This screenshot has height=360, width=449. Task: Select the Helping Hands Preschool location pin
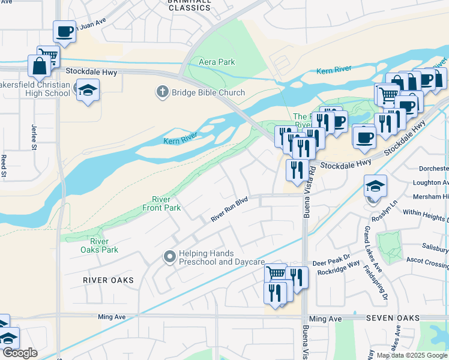click(170, 257)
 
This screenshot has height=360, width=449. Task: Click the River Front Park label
click(161, 203)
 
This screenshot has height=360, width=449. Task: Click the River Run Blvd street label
click(229, 211)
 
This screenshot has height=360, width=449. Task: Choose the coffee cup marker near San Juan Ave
click(65, 31)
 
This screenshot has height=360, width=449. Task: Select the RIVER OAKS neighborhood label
click(109, 280)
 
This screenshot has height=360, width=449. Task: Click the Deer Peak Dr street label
click(327, 263)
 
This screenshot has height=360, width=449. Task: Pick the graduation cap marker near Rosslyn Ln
click(375, 186)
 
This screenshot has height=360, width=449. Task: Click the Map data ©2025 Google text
click(411, 355)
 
